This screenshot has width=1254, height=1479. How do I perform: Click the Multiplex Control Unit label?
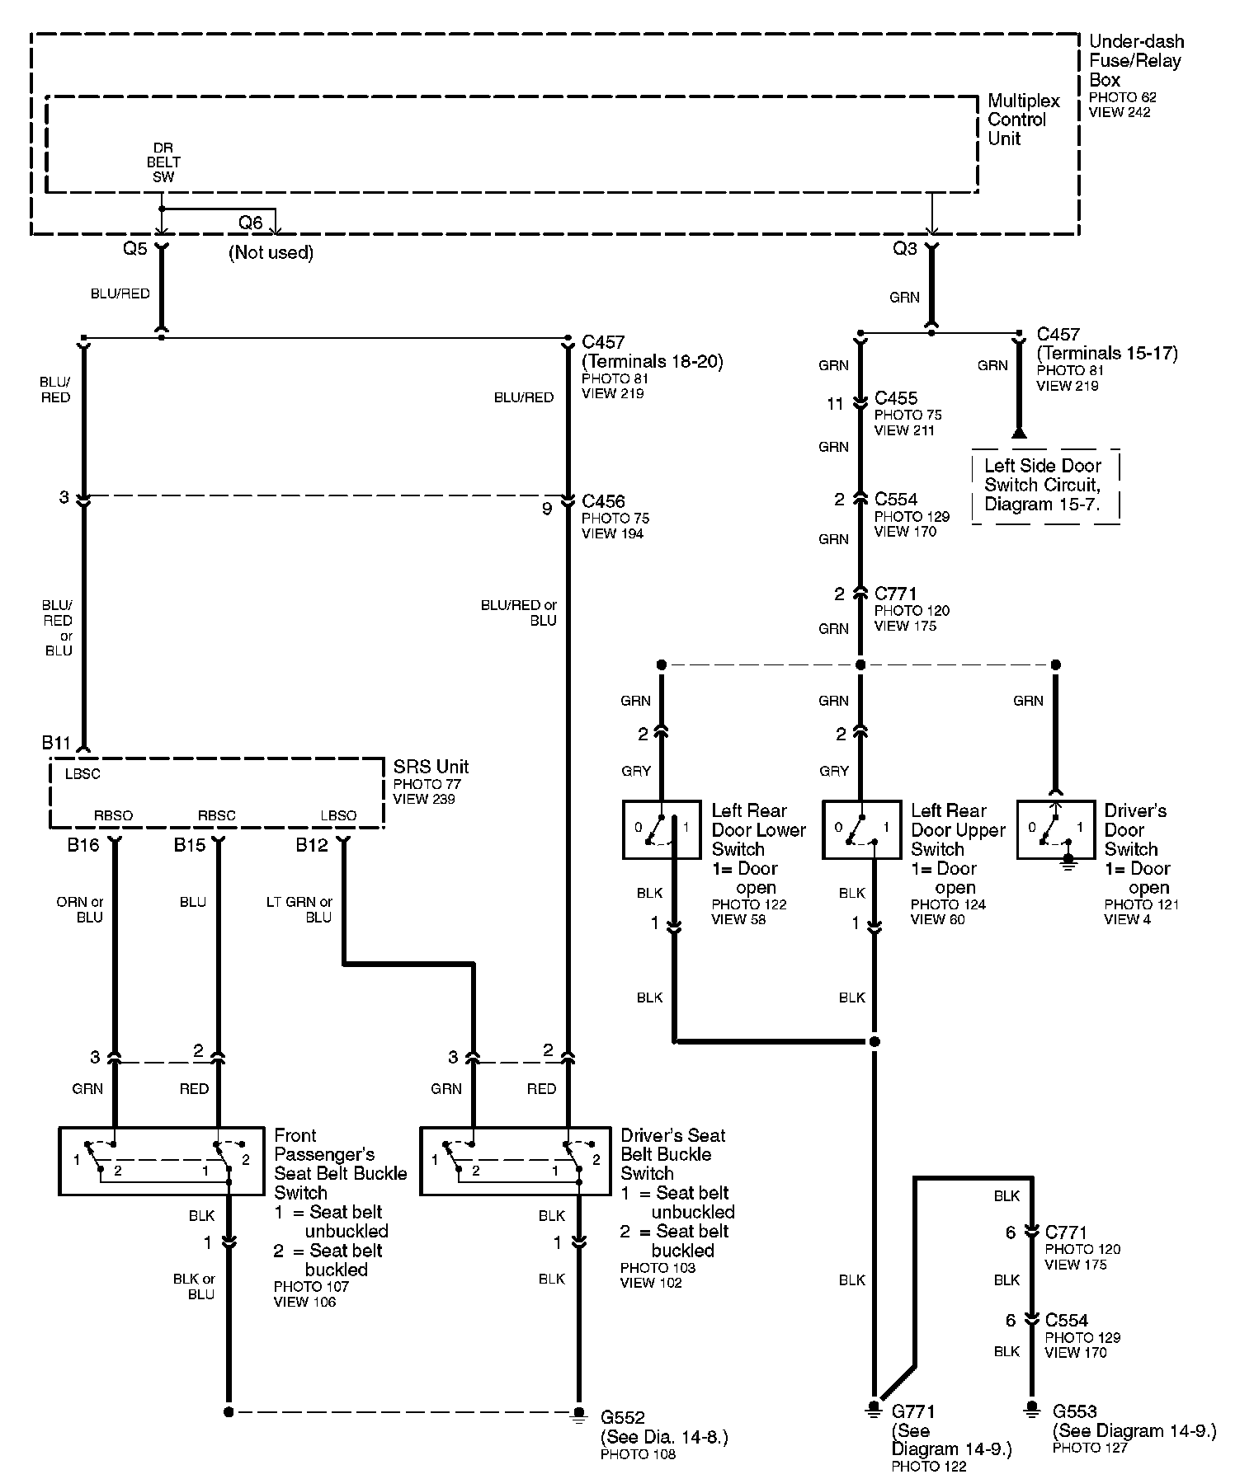tap(1023, 120)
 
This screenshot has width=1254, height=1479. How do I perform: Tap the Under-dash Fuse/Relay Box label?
tap(1135, 60)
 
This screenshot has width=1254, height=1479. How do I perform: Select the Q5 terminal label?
tap(134, 248)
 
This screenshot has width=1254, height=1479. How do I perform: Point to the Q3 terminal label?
tap(905, 248)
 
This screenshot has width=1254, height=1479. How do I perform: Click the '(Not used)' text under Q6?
tap(271, 252)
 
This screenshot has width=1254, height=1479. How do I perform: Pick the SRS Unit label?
tap(431, 767)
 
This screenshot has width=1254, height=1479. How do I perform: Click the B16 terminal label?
tap(82, 845)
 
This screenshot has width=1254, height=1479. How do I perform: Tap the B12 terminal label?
tap(312, 845)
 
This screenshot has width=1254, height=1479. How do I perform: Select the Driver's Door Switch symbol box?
tap(1056, 829)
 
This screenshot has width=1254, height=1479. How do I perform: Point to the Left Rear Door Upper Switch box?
tap(860, 829)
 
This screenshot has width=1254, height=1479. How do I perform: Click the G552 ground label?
tap(623, 1418)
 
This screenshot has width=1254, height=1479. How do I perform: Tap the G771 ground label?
tap(913, 1411)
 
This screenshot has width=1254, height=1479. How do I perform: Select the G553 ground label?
tap(1074, 1411)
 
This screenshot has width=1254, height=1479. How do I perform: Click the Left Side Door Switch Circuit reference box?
tap(1045, 486)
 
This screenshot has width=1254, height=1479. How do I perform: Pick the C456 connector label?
tap(603, 501)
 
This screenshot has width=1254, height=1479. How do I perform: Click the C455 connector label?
tap(896, 399)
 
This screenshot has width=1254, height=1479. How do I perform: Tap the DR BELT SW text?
tap(163, 162)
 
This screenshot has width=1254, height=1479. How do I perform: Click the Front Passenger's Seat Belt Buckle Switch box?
tap(146, 1161)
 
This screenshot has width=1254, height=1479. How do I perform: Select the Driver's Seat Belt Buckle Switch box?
tap(514, 1161)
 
